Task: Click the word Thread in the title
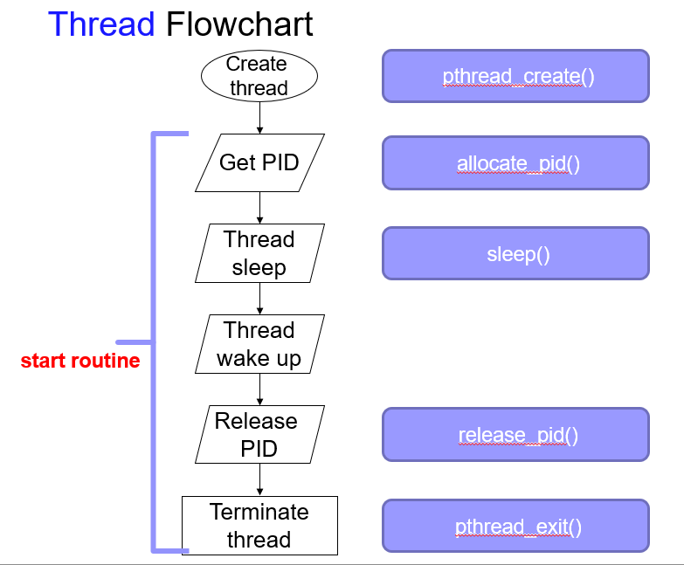(x=102, y=24)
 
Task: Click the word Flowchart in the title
(x=238, y=24)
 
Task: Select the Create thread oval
(x=259, y=76)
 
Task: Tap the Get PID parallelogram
(x=259, y=162)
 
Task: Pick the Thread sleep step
(x=259, y=253)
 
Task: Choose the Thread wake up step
(x=259, y=344)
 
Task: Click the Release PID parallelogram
(x=259, y=435)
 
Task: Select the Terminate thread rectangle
(x=259, y=525)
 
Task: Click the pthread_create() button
(x=515, y=76)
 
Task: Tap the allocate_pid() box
(x=515, y=163)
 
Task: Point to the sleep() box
(x=515, y=254)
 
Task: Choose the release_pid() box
(x=515, y=435)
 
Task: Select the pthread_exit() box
(x=515, y=527)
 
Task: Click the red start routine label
(x=80, y=361)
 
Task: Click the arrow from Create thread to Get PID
(x=259, y=116)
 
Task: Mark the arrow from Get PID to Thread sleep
(x=259, y=208)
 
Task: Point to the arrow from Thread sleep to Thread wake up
(x=259, y=299)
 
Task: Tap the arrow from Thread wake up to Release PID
(x=259, y=389)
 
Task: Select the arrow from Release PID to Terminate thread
(x=259, y=480)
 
